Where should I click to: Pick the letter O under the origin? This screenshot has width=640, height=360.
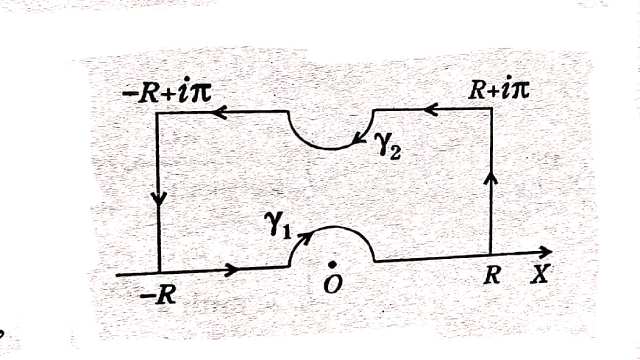pyautogui.click(x=334, y=285)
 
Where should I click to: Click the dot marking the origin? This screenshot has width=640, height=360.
pyautogui.click(x=332, y=263)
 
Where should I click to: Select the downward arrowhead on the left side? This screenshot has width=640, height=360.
pyautogui.click(x=159, y=197)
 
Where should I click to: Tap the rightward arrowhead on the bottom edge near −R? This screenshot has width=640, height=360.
pyautogui.click(x=232, y=269)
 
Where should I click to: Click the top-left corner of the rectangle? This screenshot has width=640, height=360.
pyautogui.click(x=159, y=112)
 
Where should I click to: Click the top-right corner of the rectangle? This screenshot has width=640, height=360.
pyautogui.click(x=491, y=109)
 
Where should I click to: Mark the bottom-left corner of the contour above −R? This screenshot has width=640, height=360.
pyautogui.click(x=160, y=271)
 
